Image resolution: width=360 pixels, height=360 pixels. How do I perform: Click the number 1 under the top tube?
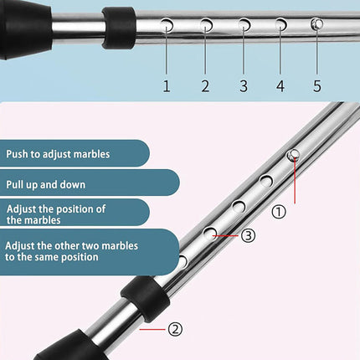167,86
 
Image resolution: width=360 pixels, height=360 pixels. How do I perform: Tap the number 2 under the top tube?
205,86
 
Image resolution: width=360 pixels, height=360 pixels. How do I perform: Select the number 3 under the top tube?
244,86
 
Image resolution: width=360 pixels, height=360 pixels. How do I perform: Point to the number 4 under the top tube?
280,86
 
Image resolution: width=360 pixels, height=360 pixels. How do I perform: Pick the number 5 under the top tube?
317,86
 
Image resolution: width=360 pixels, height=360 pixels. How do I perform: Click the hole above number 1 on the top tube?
167,25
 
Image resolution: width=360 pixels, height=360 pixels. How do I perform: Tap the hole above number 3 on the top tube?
244,25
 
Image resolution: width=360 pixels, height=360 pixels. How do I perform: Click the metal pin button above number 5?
317,24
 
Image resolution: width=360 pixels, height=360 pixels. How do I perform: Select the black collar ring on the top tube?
119,28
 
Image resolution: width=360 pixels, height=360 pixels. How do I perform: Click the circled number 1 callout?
279,212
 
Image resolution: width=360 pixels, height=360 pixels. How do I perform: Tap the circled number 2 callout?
175,329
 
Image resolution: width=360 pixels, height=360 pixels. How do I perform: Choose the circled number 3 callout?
248,235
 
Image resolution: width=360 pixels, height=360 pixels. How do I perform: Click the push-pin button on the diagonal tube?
294,155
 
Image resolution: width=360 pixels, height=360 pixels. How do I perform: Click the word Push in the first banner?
18,154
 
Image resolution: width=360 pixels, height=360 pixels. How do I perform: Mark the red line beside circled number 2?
152,329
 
